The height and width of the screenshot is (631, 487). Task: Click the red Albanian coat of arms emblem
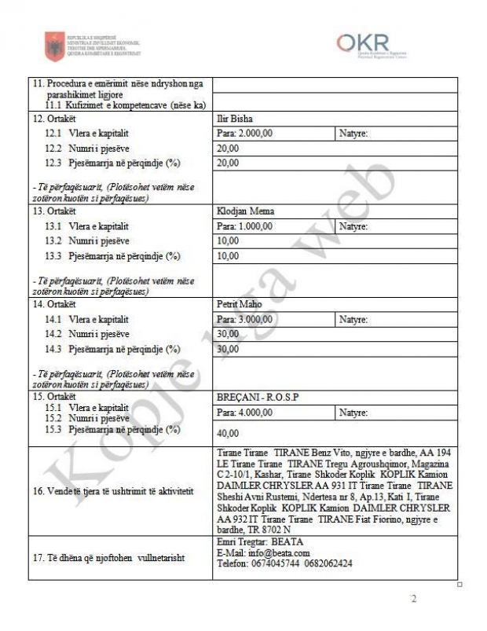click(54, 46)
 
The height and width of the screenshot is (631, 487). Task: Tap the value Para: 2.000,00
click(244, 134)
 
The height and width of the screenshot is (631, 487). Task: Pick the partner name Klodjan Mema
click(242, 211)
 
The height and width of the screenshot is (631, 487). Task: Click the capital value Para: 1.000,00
click(244, 226)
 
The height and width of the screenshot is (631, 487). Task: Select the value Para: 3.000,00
click(244, 320)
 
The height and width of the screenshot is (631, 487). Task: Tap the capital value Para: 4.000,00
click(244, 413)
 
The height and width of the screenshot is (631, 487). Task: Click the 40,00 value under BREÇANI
click(228, 433)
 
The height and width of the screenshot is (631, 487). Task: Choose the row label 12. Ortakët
click(53, 119)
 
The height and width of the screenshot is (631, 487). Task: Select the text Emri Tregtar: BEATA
click(258, 542)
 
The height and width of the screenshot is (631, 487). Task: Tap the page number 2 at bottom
click(415, 600)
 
